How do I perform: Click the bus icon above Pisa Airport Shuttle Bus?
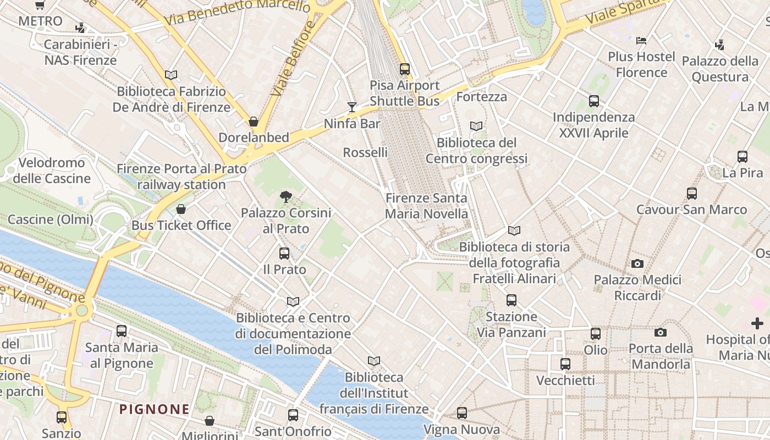(x=405, y=69)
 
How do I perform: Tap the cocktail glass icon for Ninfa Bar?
(x=352, y=107)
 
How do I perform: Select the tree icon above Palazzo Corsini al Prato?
(x=285, y=196)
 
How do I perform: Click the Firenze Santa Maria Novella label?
(x=426, y=206)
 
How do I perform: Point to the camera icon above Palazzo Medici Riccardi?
(x=637, y=263)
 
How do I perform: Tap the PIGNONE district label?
(x=155, y=409)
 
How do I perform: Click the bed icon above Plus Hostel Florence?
(x=641, y=40)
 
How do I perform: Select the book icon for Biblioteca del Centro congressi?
(x=476, y=126)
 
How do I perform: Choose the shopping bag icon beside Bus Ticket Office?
(x=181, y=209)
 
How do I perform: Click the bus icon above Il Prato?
(x=284, y=254)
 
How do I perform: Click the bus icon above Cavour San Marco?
(x=692, y=194)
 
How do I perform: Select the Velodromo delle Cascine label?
(x=52, y=170)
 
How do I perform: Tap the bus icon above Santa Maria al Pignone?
(x=122, y=331)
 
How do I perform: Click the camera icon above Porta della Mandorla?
(x=661, y=332)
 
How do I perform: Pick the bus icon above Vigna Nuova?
(x=462, y=413)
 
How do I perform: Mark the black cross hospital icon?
(x=757, y=323)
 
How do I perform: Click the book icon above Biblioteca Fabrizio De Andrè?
(x=171, y=75)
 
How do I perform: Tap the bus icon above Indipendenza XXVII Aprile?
(x=594, y=101)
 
